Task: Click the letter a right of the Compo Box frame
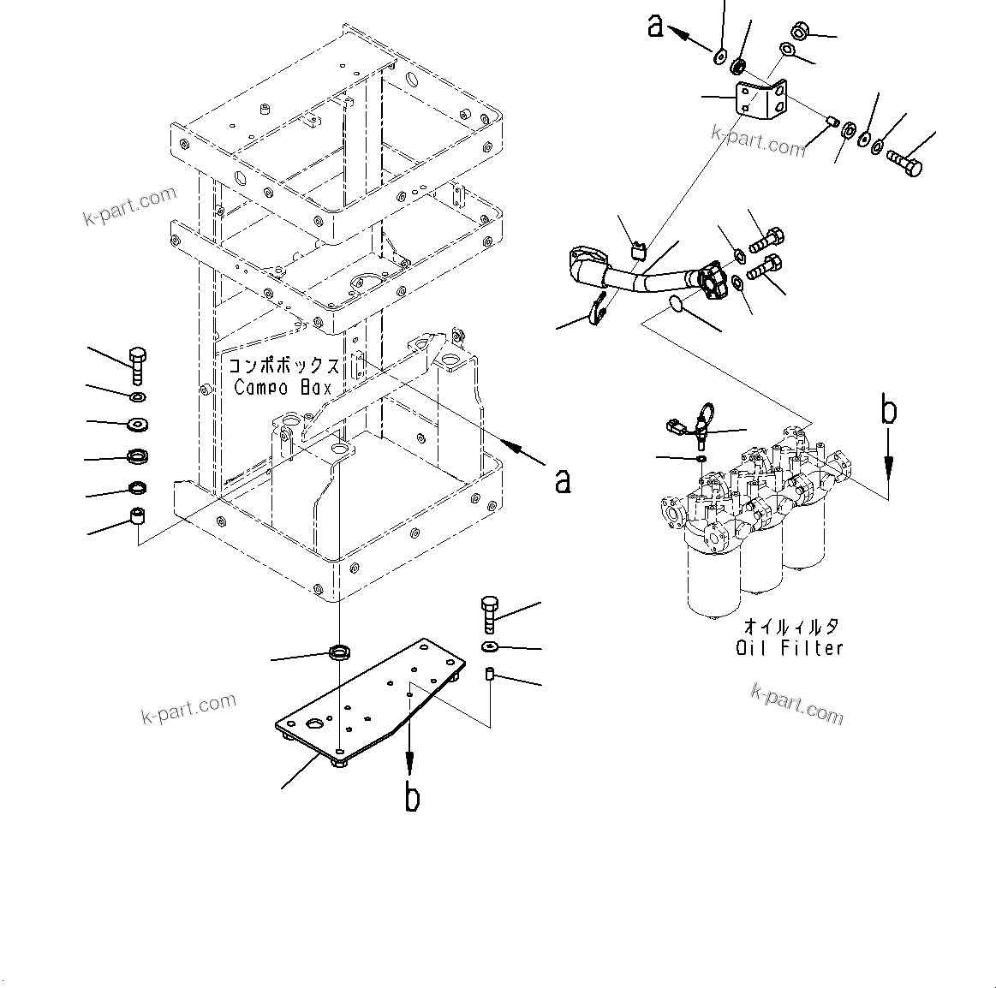coord(563,480)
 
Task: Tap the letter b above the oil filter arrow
coord(890,412)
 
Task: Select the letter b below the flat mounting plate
coord(412,797)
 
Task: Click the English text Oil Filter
coord(790,648)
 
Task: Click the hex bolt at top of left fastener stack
coord(137,363)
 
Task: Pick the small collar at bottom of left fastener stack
coord(136,516)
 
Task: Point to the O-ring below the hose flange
coord(677,304)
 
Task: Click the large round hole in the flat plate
coord(316,723)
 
